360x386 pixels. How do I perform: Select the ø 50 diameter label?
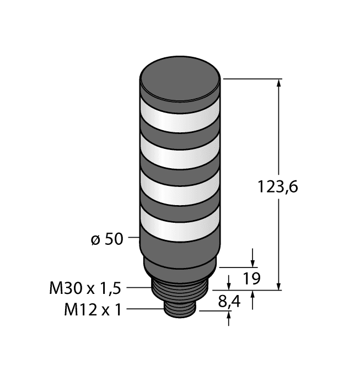tap(106, 240)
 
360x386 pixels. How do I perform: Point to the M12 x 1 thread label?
tap(93, 310)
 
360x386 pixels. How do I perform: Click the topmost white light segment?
tap(180, 117)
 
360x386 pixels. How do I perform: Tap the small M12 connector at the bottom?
tap(181, 312)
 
